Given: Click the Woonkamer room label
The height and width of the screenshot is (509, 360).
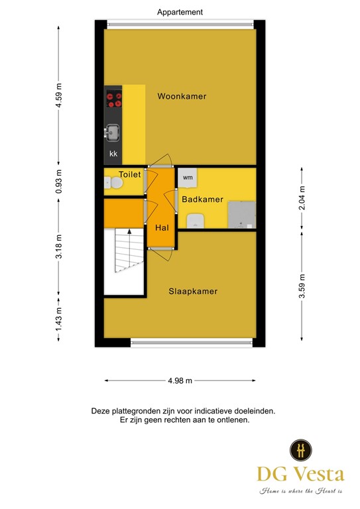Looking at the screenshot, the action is pos(182,96).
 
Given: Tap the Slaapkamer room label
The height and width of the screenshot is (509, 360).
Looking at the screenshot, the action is pos(193,291).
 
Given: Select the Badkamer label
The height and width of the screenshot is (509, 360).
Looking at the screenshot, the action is pos(202,199).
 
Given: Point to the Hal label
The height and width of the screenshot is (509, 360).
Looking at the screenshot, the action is pos(162,227).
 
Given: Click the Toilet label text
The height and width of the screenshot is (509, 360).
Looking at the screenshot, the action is pos(130,174).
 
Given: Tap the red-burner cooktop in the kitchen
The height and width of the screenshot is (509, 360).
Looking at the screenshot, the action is pos(114,99).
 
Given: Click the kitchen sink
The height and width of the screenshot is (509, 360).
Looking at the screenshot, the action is pos(113,132).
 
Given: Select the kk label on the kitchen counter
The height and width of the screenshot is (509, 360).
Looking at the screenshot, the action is pos(113,154).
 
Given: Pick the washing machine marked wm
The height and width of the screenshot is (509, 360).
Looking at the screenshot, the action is pos(188,178).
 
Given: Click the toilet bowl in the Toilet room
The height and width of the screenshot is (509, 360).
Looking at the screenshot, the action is pos(114,183).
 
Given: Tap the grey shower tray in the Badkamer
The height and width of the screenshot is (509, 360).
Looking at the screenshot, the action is pos(242,215).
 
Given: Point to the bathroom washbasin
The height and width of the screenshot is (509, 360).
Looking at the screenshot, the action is pos(195,221).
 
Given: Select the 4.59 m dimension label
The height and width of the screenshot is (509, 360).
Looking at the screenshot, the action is pos(58,95).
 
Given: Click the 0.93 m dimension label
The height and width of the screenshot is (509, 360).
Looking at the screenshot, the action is pos(58,182).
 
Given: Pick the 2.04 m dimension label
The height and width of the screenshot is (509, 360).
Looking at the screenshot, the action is pos(302,198).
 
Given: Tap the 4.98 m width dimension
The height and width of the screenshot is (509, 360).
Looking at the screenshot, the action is pos(180,380).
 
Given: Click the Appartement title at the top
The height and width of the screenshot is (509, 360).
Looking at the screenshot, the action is pos(180,12).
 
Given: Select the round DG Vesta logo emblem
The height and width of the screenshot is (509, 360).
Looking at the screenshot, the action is pos(301,450).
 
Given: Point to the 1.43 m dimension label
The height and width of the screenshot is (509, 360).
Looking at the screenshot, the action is pos(58,319).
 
